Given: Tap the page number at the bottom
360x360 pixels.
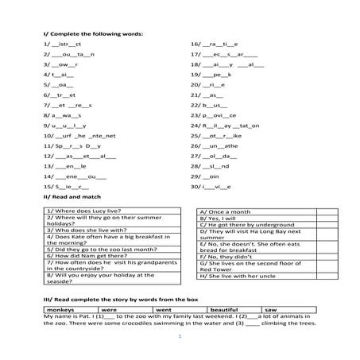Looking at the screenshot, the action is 180,337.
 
